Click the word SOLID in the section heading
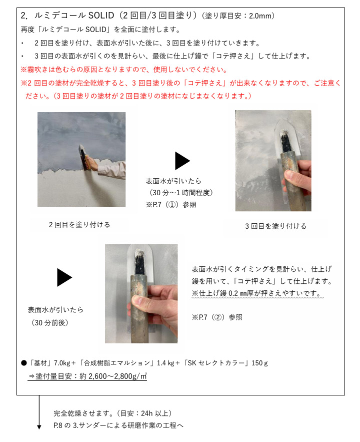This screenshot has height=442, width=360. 101,15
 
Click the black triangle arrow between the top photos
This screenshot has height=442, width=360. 182,161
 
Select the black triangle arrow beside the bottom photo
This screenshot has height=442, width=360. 64,277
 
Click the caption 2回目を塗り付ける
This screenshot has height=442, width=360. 79,225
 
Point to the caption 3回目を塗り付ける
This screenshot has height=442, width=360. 275,226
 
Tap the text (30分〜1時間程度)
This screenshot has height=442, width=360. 180,193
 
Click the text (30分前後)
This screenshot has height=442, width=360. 49,322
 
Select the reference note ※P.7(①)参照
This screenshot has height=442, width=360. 171,205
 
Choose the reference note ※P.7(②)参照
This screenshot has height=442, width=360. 217,317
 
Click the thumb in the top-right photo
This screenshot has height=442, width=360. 292,176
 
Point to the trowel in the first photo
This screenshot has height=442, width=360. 83,158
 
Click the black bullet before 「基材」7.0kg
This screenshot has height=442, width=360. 24,363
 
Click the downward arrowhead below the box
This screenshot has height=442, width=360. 39,427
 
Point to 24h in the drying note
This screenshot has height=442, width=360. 146,413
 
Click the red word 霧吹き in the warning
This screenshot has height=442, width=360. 38,70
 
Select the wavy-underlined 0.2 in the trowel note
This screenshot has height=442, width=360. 233,293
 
